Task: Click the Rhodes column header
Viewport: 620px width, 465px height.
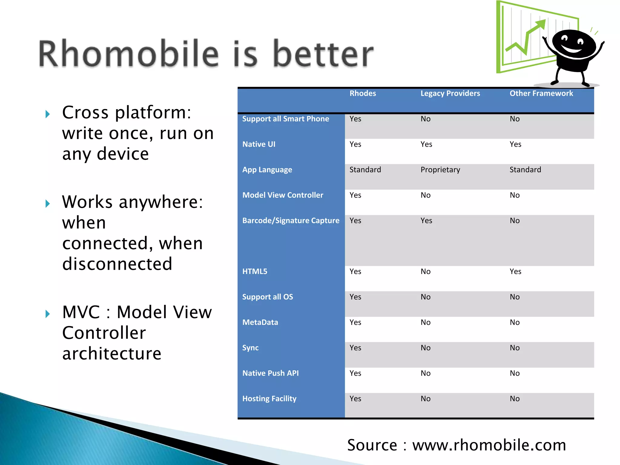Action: [362, 93]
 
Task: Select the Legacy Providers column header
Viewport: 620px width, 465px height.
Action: [450, 93]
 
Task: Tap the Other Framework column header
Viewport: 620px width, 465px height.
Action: [541, 93]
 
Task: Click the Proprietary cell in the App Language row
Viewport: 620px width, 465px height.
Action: [440, 170]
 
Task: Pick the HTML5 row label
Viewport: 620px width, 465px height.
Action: [255, 272]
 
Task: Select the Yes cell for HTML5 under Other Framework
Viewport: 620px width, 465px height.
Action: [515, 272]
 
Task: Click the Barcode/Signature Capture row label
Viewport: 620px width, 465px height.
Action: [291, 221]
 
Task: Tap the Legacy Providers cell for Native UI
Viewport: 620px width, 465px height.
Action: [426, 144]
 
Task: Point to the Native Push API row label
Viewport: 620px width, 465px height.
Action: [270, 373]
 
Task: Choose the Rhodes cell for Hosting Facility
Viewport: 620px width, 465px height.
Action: [355, 399]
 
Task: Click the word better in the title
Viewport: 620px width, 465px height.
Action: [323, 54]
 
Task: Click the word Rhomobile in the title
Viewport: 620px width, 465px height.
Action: [128, 54]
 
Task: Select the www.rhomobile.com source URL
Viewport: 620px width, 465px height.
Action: [489, 445]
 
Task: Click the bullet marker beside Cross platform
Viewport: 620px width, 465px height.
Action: [48, 114]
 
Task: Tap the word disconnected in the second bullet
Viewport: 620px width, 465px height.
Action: [117, 264]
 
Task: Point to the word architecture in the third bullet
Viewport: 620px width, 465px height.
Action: [112, 354]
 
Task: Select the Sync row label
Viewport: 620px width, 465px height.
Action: [250, 348]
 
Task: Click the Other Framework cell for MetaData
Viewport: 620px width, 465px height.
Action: [514, 322]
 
